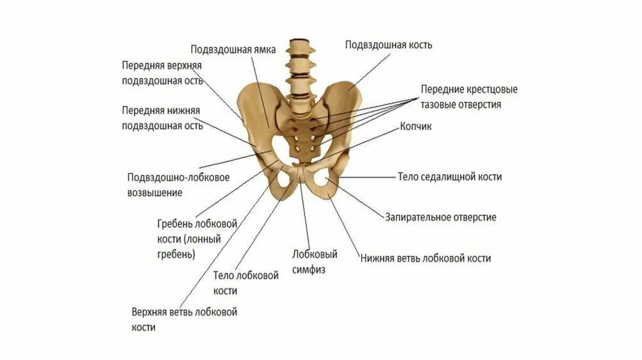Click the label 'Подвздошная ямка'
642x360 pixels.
[233, 50]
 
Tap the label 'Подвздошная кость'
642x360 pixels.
[388, 45]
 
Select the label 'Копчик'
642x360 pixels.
[416, 126]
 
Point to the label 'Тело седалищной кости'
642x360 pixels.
[450, 177]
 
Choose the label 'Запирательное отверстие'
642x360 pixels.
[440, 217]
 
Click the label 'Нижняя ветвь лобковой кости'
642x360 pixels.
[425, 258]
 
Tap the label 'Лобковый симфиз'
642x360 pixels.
[315, 262]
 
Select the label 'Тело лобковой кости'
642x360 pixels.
[246, 283]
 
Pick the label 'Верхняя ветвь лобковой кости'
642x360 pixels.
[184, 319]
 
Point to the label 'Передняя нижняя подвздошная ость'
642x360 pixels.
[162, 118]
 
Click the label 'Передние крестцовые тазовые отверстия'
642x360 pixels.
[469, 97]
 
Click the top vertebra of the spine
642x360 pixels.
[300, 46]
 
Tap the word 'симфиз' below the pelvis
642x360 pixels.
[308, 270]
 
